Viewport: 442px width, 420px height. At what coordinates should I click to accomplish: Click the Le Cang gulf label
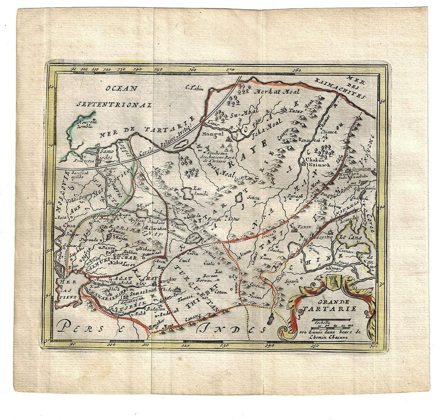tap(350, 238)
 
